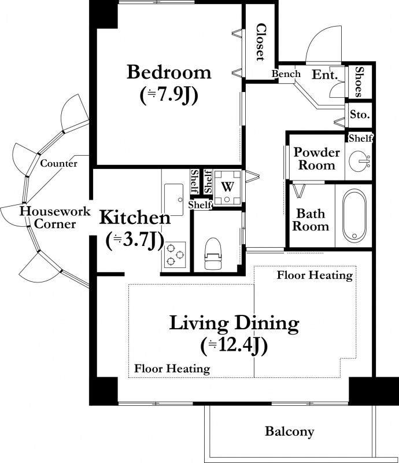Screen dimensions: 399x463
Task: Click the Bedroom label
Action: [169, 72]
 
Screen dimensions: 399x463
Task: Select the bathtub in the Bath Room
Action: [354, 216]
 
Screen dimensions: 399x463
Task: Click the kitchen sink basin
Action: [173, 200]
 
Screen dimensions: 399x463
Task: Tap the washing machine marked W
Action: [227, 187]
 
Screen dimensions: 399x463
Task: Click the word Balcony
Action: [290, 431]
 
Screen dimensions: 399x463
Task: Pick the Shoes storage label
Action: [359, 82]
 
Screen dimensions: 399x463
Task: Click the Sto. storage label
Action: [360, 114]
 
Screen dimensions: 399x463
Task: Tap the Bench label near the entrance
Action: [286, 74]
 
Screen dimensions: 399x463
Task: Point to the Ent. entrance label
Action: [324, 75]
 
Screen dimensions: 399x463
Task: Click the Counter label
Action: [59, 163]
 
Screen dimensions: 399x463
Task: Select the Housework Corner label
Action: [55, 218]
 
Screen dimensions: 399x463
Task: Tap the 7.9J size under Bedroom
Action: [169, 95]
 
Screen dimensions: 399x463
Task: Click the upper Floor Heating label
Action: [315, 275]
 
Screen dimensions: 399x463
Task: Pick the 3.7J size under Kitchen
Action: [135, 240]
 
